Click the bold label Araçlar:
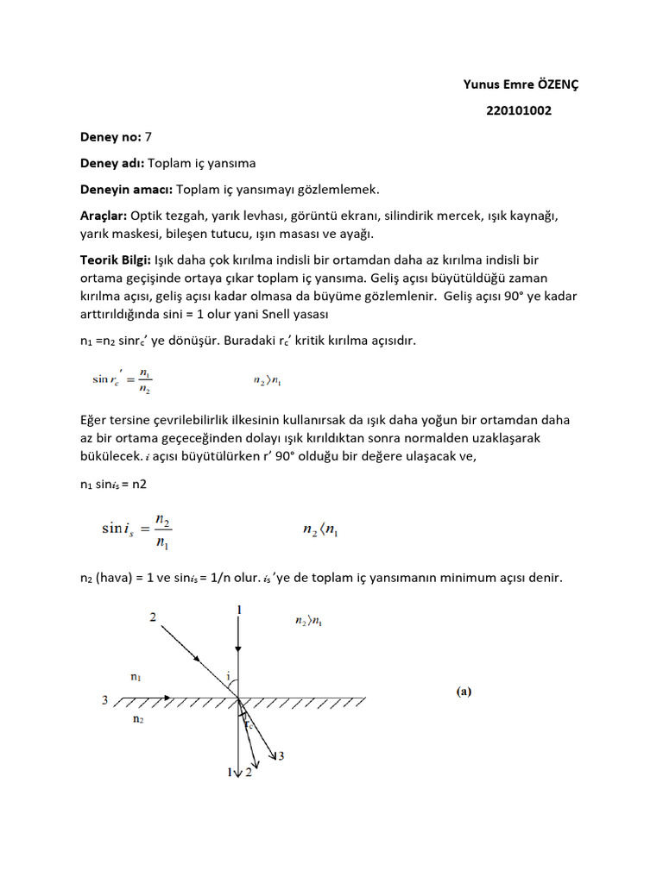pyautogui.click(x=104, y=215)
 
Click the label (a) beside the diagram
pyautogui.click(x=464, y=691)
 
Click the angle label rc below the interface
pyautogui.click(x=248, y=724)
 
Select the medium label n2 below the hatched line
pyautogui.click(x=138, y=717)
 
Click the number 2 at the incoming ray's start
pyautogui.click(x=153, y=617)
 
